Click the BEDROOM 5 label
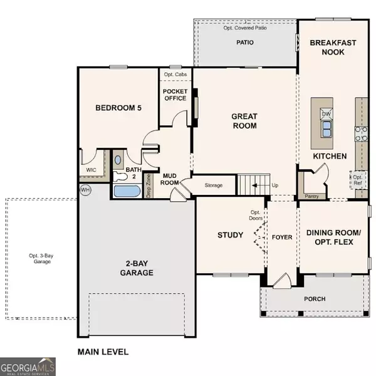click(118, 108)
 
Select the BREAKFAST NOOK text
click(332, 48)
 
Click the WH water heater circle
click(85, 189)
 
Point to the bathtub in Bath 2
click(127, 191)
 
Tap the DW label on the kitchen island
click(326, 114)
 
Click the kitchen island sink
click(326, 129)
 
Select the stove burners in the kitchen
click(362, 132)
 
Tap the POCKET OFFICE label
click(175, 95)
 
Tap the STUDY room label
click(230, 235)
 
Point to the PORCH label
click(315, 299)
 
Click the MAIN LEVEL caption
click(103, 352)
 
